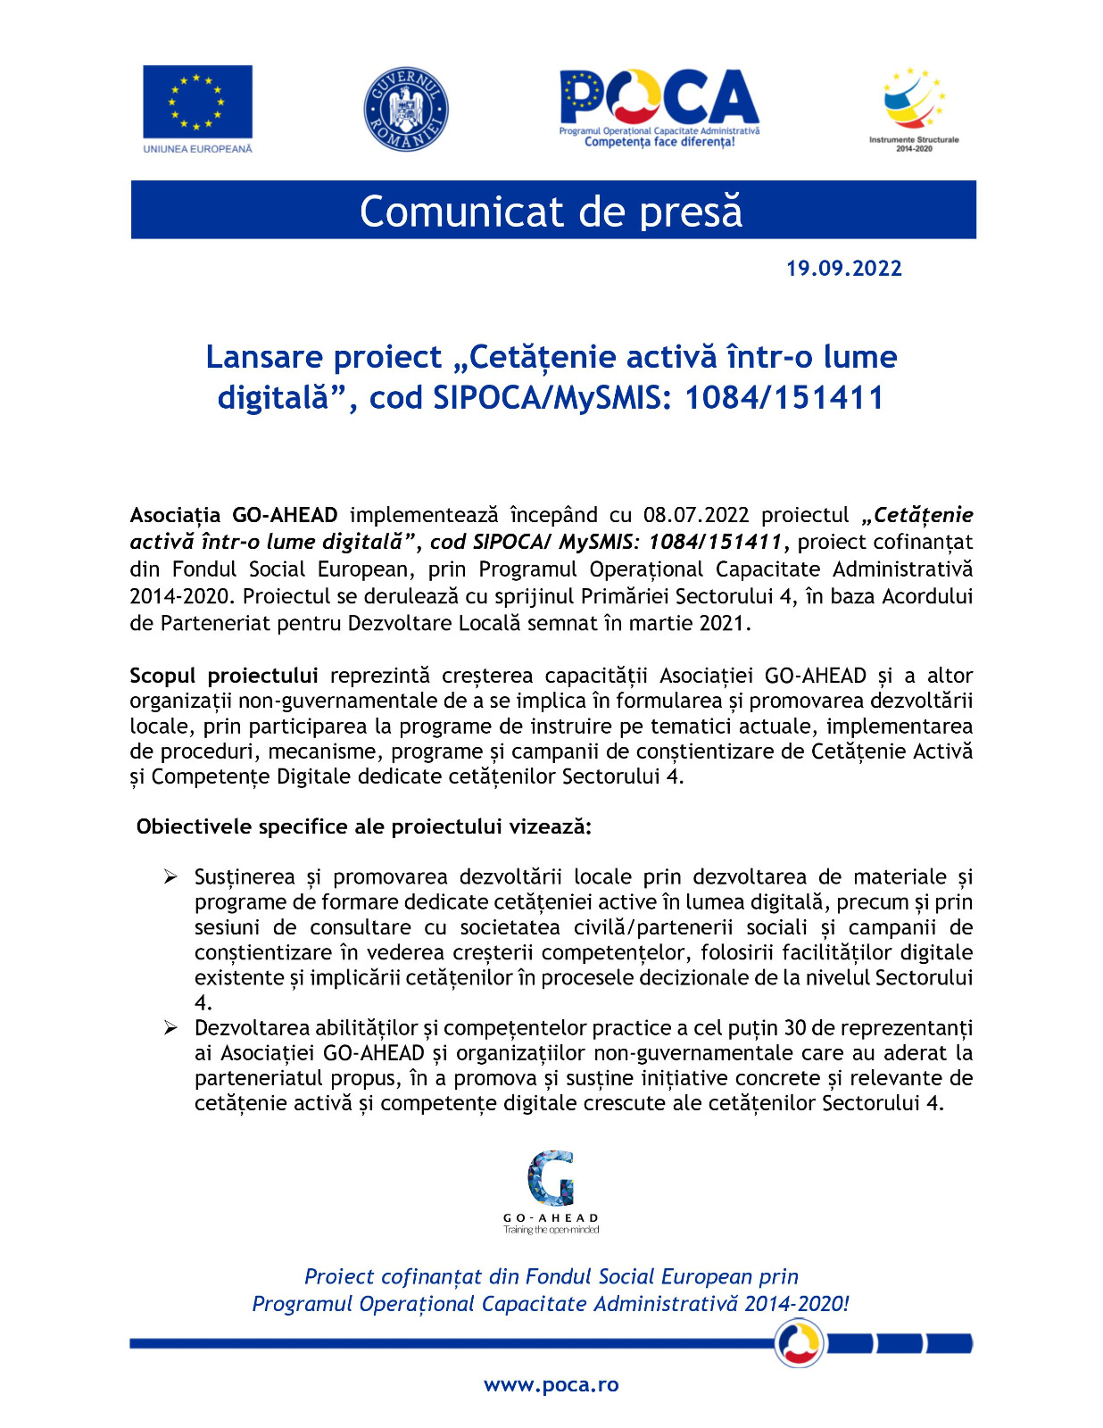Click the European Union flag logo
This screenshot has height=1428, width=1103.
coord(197,102)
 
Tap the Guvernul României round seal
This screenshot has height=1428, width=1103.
coord(406,109)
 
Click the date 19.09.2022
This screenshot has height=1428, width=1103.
coord(843,269)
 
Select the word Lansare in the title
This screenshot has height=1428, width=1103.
coord(263,357)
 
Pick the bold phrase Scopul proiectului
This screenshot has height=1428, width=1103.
coord(224,676)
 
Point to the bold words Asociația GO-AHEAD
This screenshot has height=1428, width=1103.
coord(234,515)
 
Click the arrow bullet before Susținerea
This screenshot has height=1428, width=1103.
coord(170,877)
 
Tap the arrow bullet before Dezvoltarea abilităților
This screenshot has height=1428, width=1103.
coord(170,1028)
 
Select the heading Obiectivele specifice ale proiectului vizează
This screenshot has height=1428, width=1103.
coord(364,826)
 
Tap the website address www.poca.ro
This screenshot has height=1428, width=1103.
coord(551,1384)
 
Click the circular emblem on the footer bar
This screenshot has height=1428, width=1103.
coord(799,1342)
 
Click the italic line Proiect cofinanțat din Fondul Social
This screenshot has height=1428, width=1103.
coord(551,1276)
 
